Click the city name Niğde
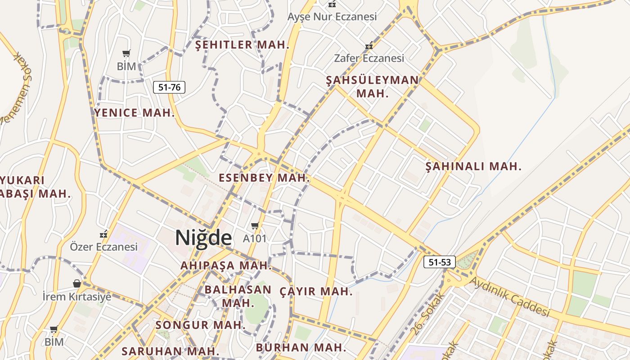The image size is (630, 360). pyautogui.click(x=203, y=238)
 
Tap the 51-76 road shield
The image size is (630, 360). pyautogui.click(x=169, y=87)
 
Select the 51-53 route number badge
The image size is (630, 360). pyautogui.click(x=440, y=262)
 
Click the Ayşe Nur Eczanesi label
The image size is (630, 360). pyautogui.click(x=332, y=17)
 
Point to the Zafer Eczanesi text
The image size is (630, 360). pyautogui.click(x=369, y=58)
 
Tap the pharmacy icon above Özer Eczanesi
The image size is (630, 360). pyautogui.click(x=104, y=234)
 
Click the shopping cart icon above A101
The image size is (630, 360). pyautogui.click(x=255, y=225)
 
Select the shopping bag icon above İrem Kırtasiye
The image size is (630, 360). pyautogui.click(x=77, y=283)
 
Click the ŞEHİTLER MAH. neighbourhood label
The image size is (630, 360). pyautogui.click(x=242, y=45)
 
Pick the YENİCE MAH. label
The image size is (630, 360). pyautogui.click(x=134, y=113)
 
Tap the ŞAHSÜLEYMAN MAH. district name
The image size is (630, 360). pyautogui.click(x=372, y=87)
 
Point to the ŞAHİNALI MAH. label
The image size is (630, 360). pyautogui.click(x=473, y=166)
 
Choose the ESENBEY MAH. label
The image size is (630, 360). pyautogui.click(x=264, y=178)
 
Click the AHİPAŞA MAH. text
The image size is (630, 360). pyautogui.click(x=226, y=265)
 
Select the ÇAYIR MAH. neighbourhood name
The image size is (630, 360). pyautogui.click(x=316, y=292)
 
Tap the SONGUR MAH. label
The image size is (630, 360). pyautogui.click(x=200, y=325)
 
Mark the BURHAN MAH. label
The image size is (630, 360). pyautogui.click(x=301, y=347)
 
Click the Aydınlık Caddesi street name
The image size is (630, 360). pyautogui.click(x=510, y=297)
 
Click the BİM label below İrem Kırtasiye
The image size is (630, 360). pyautogui.click(x=54, y=342)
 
